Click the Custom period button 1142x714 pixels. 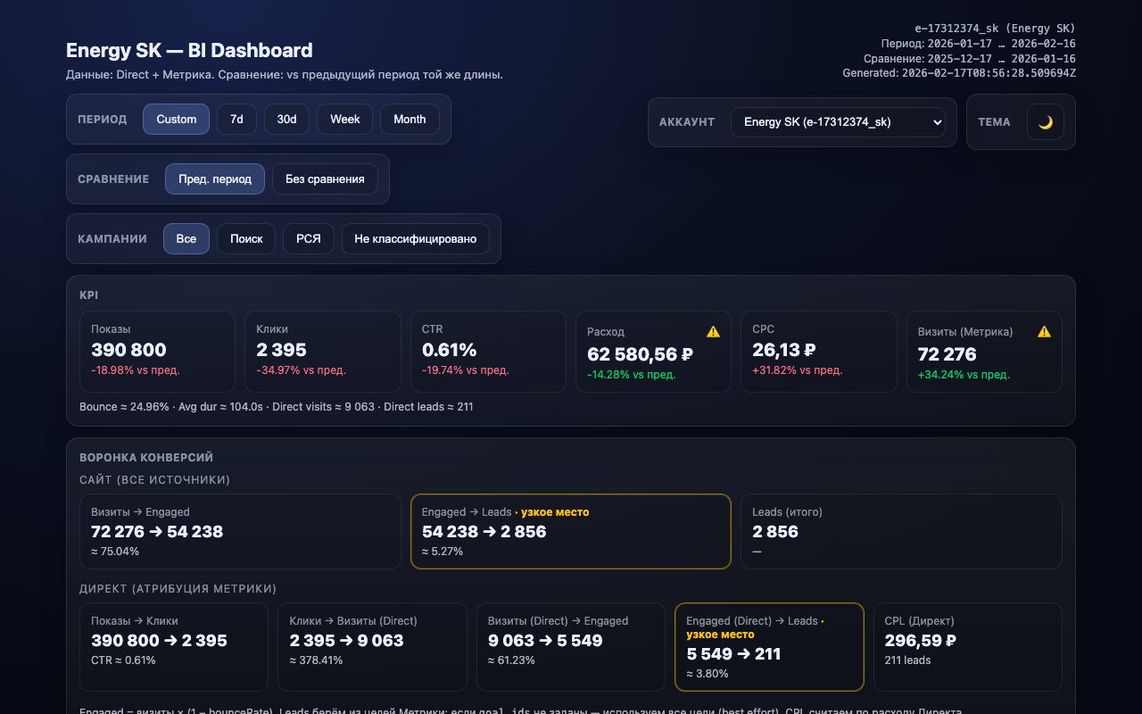coord(176,120)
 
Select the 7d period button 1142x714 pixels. coord(236,120)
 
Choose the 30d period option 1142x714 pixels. coord(286,120)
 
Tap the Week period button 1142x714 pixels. coord(344,120)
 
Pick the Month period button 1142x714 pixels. coord(410,120)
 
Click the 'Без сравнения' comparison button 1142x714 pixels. coord(325,179)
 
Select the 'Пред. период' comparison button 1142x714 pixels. coord(214,179)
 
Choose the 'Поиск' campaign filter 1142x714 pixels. coord(246,239)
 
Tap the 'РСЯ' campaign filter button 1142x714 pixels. coord(308,239)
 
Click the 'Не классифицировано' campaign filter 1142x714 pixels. coord(415,239)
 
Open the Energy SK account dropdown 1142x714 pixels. coord(837,122)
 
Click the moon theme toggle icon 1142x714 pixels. coord(1045,122)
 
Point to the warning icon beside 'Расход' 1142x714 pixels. coord(713,332)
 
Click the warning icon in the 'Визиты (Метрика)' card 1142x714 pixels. coord(1044,332)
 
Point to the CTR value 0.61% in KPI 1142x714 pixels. coord(449,350)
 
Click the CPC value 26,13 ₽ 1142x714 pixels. coord(783,350)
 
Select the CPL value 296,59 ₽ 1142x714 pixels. coord(920,641)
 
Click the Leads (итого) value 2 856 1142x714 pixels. coord(774,532)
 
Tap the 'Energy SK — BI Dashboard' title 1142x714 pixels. coord(189,51)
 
